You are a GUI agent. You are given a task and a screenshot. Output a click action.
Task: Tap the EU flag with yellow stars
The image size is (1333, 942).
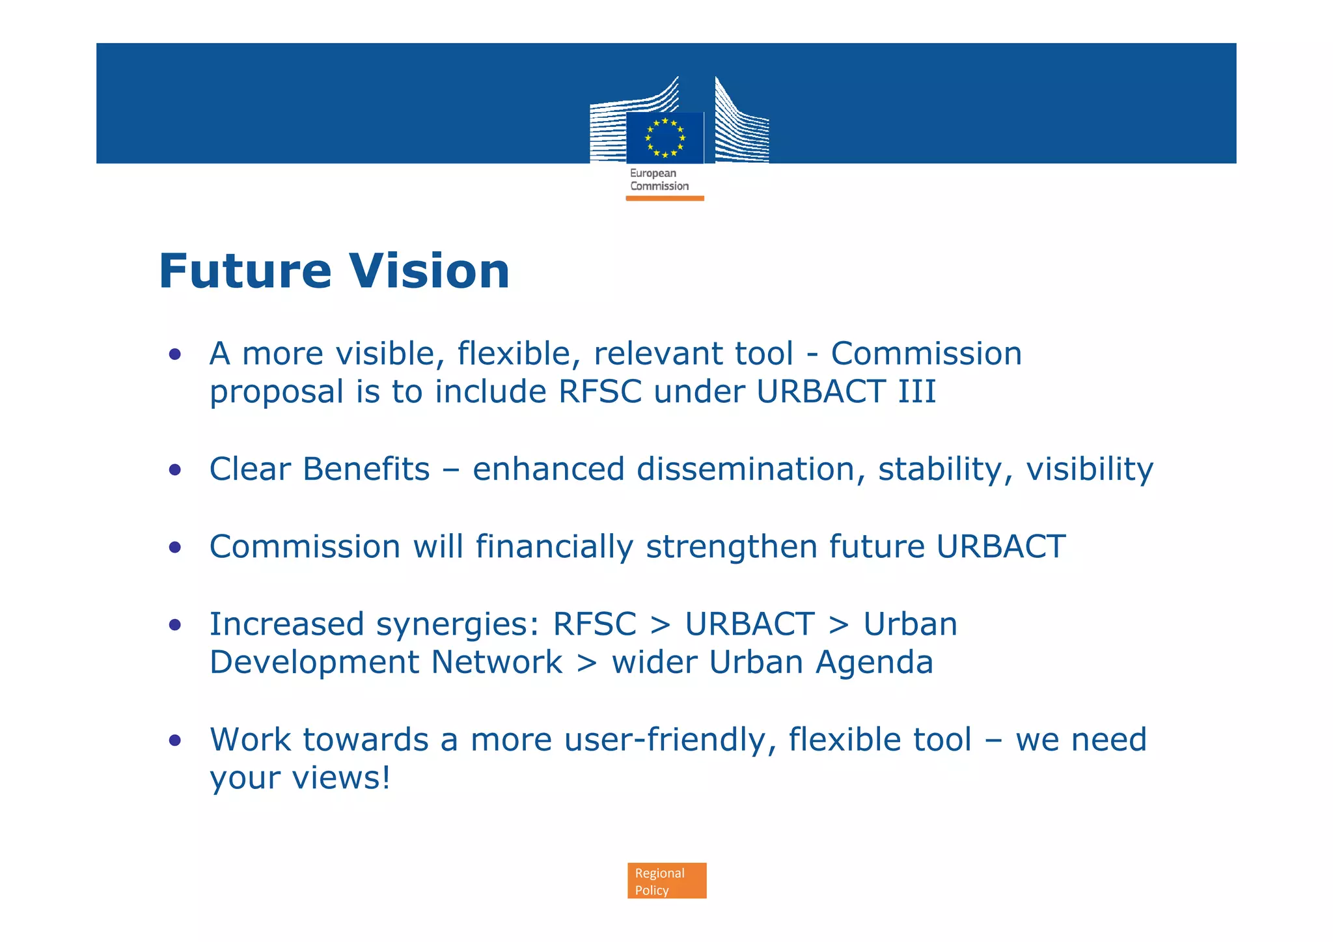[665, 137]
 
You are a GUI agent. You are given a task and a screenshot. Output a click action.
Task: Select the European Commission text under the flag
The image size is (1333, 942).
[659, 180]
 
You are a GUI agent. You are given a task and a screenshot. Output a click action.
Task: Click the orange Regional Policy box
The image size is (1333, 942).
[666, 881]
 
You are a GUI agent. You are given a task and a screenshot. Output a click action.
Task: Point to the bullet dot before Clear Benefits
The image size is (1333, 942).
[174, 469]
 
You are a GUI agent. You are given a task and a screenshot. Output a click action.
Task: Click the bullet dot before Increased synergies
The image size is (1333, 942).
[174, 625]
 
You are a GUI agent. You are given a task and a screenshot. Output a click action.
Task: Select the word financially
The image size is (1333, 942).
[554, 546]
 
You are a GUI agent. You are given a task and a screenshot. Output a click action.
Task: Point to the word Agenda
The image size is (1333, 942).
[874, 663]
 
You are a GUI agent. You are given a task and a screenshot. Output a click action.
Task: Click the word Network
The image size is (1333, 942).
[496, 663]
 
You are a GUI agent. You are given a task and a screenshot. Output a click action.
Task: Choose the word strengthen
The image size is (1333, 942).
[731, 546]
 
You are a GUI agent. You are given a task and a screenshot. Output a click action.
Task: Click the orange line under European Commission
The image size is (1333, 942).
[665, 198]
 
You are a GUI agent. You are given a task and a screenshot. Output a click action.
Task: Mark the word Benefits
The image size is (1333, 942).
[366, 469]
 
